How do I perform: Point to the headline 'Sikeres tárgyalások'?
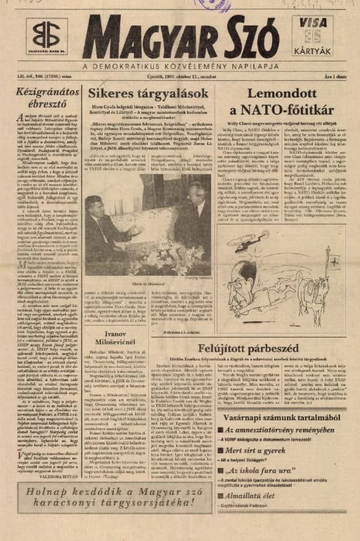pos(144,93)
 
